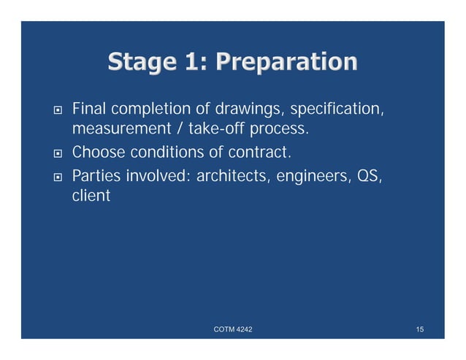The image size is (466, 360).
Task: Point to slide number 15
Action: tap(419, 331)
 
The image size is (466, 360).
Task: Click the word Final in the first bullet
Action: tap(87, 110)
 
